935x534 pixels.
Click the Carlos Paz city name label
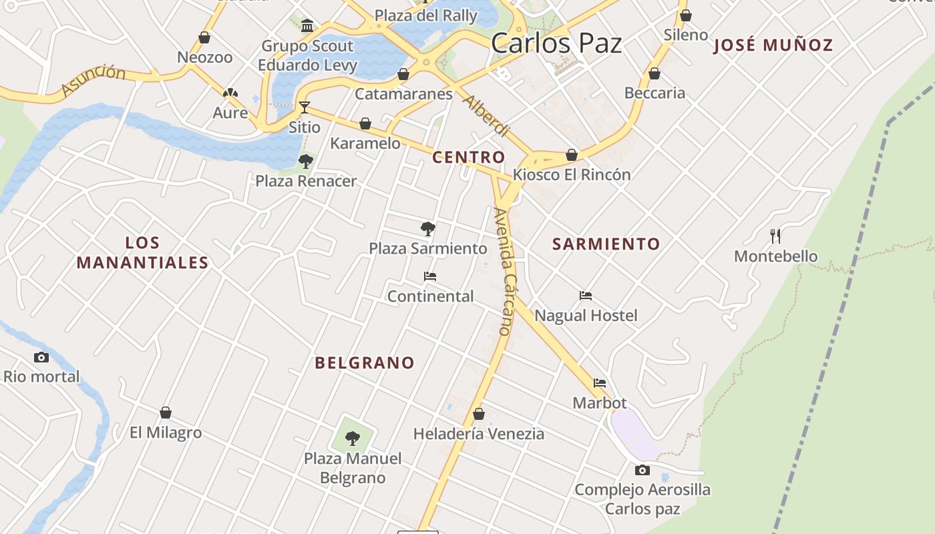point(556,43)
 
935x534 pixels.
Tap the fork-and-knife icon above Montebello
point(775,236)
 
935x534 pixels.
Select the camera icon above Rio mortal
point(41,358)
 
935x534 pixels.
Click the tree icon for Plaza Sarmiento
point(428,229)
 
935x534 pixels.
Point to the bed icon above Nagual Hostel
point(586,296)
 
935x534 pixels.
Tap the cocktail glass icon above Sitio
point(305,107)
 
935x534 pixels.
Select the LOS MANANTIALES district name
point(142,252)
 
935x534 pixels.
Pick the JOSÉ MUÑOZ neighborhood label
point(773,45)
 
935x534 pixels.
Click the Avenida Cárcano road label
point(506,270)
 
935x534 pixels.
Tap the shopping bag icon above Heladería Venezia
point(478,415)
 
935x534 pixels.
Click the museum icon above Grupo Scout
point(307,26)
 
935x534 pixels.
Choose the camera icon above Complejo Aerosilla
point(642,471)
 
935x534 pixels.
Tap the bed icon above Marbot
point(600,383)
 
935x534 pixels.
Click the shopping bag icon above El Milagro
point(166,413)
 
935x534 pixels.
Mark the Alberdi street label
point(486,116)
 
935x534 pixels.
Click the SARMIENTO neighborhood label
point(606,244)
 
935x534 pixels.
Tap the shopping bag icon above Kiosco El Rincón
point(572,155)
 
